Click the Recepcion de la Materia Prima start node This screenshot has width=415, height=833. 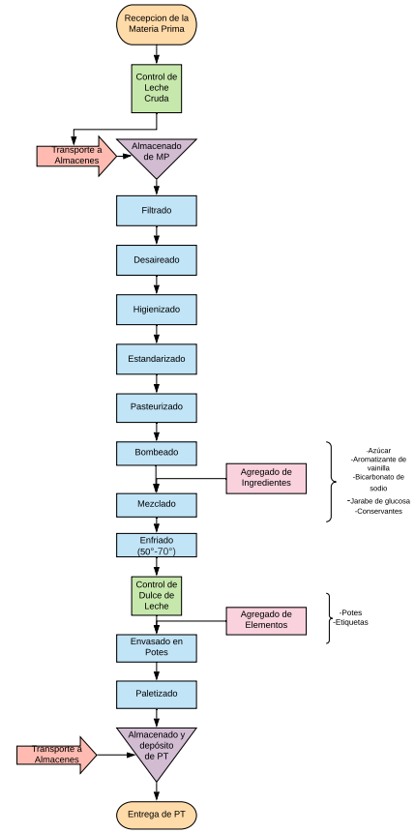point(157,24)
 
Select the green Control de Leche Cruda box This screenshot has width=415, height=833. point(157,89)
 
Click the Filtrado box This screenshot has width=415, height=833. point(157,210)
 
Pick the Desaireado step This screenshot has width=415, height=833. point(157,260)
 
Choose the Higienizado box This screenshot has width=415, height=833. point(157,310)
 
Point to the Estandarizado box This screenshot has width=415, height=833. point(157,359)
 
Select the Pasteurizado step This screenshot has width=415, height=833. point(157,408)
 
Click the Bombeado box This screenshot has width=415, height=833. point(157,453)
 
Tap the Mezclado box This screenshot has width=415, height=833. point(157,505)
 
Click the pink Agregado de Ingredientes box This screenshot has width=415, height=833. point(266,478)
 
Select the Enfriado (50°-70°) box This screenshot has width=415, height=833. point(157,545)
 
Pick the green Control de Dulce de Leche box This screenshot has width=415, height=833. point(157,596)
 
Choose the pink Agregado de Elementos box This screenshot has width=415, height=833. point(266,620)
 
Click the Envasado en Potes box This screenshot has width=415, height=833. point(157,647)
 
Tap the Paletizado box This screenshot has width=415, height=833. point(157,694)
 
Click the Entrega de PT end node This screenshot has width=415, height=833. point(157,815)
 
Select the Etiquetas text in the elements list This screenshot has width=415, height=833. point(351,622)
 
